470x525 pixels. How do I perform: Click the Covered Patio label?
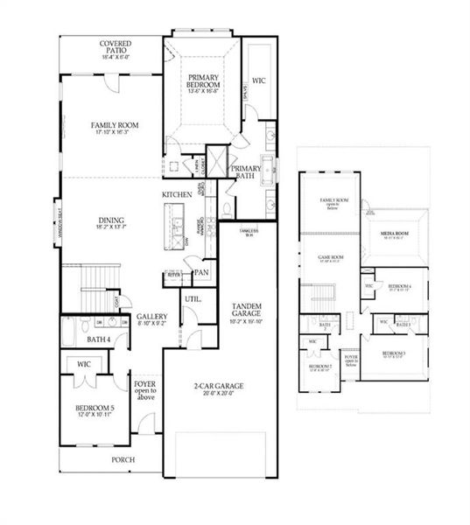115,48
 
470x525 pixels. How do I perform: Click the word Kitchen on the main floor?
178,194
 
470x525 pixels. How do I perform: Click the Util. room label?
193,299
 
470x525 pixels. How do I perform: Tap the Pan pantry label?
200,273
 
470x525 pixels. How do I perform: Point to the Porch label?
122,458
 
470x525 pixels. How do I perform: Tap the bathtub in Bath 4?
67,332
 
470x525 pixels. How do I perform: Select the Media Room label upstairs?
395,234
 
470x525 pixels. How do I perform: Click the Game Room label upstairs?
330,257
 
